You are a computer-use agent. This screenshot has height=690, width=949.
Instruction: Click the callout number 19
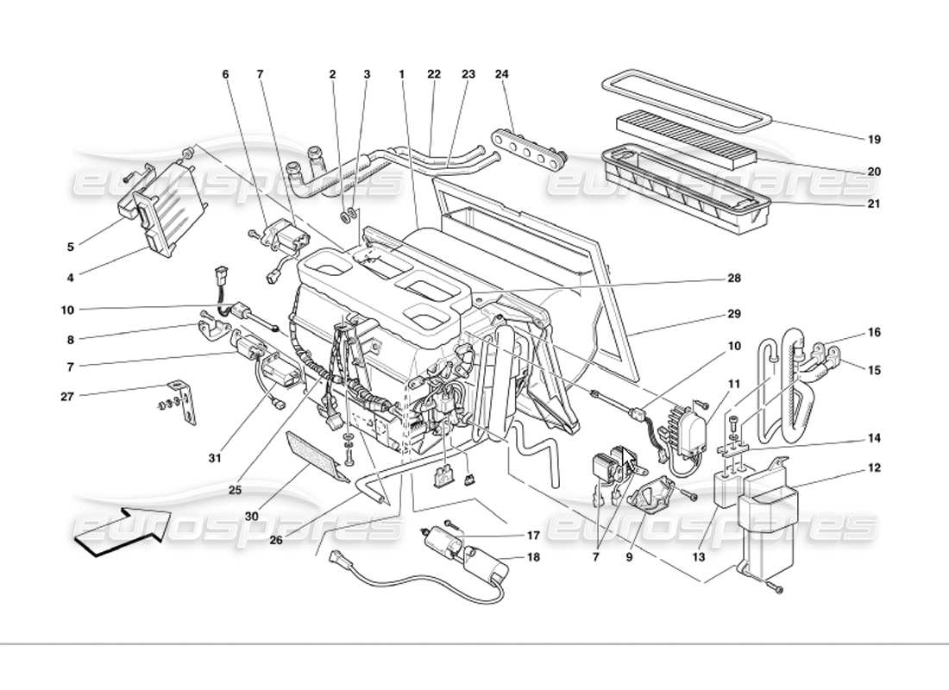coord(874,139)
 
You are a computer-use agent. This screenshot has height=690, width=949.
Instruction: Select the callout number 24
coord(502,75)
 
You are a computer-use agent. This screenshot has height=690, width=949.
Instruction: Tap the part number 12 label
coord(874,468)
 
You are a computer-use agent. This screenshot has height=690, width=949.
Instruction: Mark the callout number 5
coord(71,247)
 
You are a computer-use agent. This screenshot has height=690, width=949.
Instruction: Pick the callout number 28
coord(733,279)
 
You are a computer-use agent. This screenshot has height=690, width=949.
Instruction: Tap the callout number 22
coord(434,75)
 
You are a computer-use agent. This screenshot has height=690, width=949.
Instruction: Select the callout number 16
coord(874,332)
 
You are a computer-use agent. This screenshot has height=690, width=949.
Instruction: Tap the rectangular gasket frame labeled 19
coord(685,101)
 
